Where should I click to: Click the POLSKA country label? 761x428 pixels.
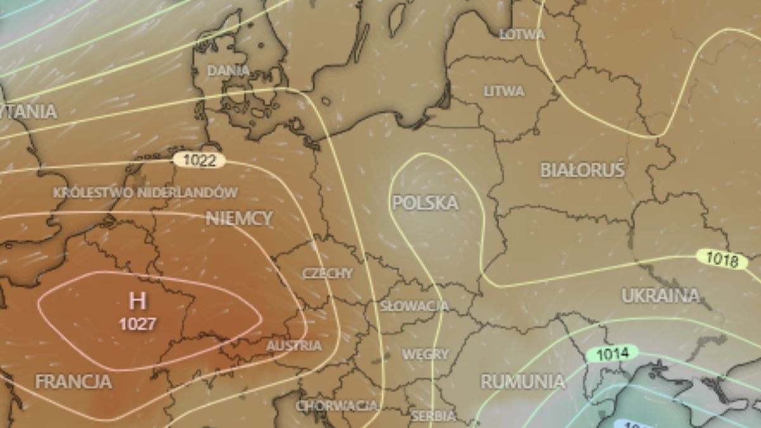click(x=425, y=203)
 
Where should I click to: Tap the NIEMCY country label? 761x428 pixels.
click(x=239, y=219)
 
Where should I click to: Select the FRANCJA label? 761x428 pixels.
click(x=74, y=382)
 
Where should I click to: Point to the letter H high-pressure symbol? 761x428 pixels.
click(x=138, y=301)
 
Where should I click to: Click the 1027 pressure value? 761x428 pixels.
click(x=138, y=324)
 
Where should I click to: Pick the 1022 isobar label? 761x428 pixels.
click(x=199, y=160)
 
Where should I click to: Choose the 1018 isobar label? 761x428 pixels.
click(x=722, y=259)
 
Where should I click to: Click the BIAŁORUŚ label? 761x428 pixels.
click(x=582, y=170)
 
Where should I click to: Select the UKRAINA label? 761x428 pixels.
click(x=660, y=295)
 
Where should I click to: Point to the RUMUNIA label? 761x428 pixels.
click(x=522, y=381)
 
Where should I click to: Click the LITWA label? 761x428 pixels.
click(x=504, y=91)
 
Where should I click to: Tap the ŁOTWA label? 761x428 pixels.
click(x=522, y=34)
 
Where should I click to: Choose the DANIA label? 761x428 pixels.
click(x=228, y=70)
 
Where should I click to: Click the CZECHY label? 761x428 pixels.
click(x=327, y=273)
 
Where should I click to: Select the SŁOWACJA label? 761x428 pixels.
click(x=414, y=306)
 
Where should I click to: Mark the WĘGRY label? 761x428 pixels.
click(x=425, y=354)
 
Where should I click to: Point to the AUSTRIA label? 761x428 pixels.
click(x=294, y=346)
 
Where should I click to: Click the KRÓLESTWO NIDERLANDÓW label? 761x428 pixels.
click(x=146, y=192)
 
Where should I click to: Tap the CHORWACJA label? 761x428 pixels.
click(x=336, y=405)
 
